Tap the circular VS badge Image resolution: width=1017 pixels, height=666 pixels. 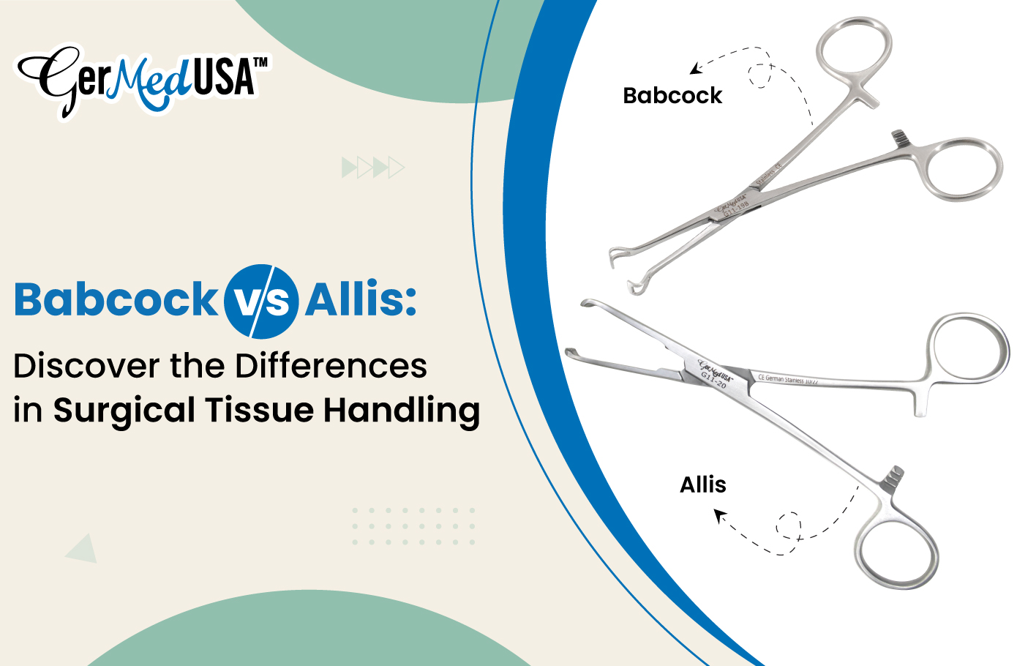pos(261,302)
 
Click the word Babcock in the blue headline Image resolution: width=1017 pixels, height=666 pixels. pos(116,300)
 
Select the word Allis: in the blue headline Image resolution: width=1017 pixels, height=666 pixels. pos(361,300)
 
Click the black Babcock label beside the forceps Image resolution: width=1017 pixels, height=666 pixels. pos(672,96)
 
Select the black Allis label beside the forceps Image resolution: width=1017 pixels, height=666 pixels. pos(703,484)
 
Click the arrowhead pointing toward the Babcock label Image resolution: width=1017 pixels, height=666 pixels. pos(696,69)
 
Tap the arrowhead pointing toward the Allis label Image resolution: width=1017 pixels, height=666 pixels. pos(720,517)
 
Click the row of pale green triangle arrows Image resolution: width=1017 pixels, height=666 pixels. pos(373,168)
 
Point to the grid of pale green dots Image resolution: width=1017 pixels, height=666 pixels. pos(413,526)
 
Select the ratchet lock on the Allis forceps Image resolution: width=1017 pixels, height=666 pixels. pos(893,477)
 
